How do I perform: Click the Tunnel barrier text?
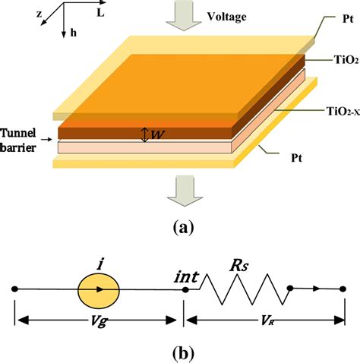tap(23, 139)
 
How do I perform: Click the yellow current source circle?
tap(99, 289)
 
